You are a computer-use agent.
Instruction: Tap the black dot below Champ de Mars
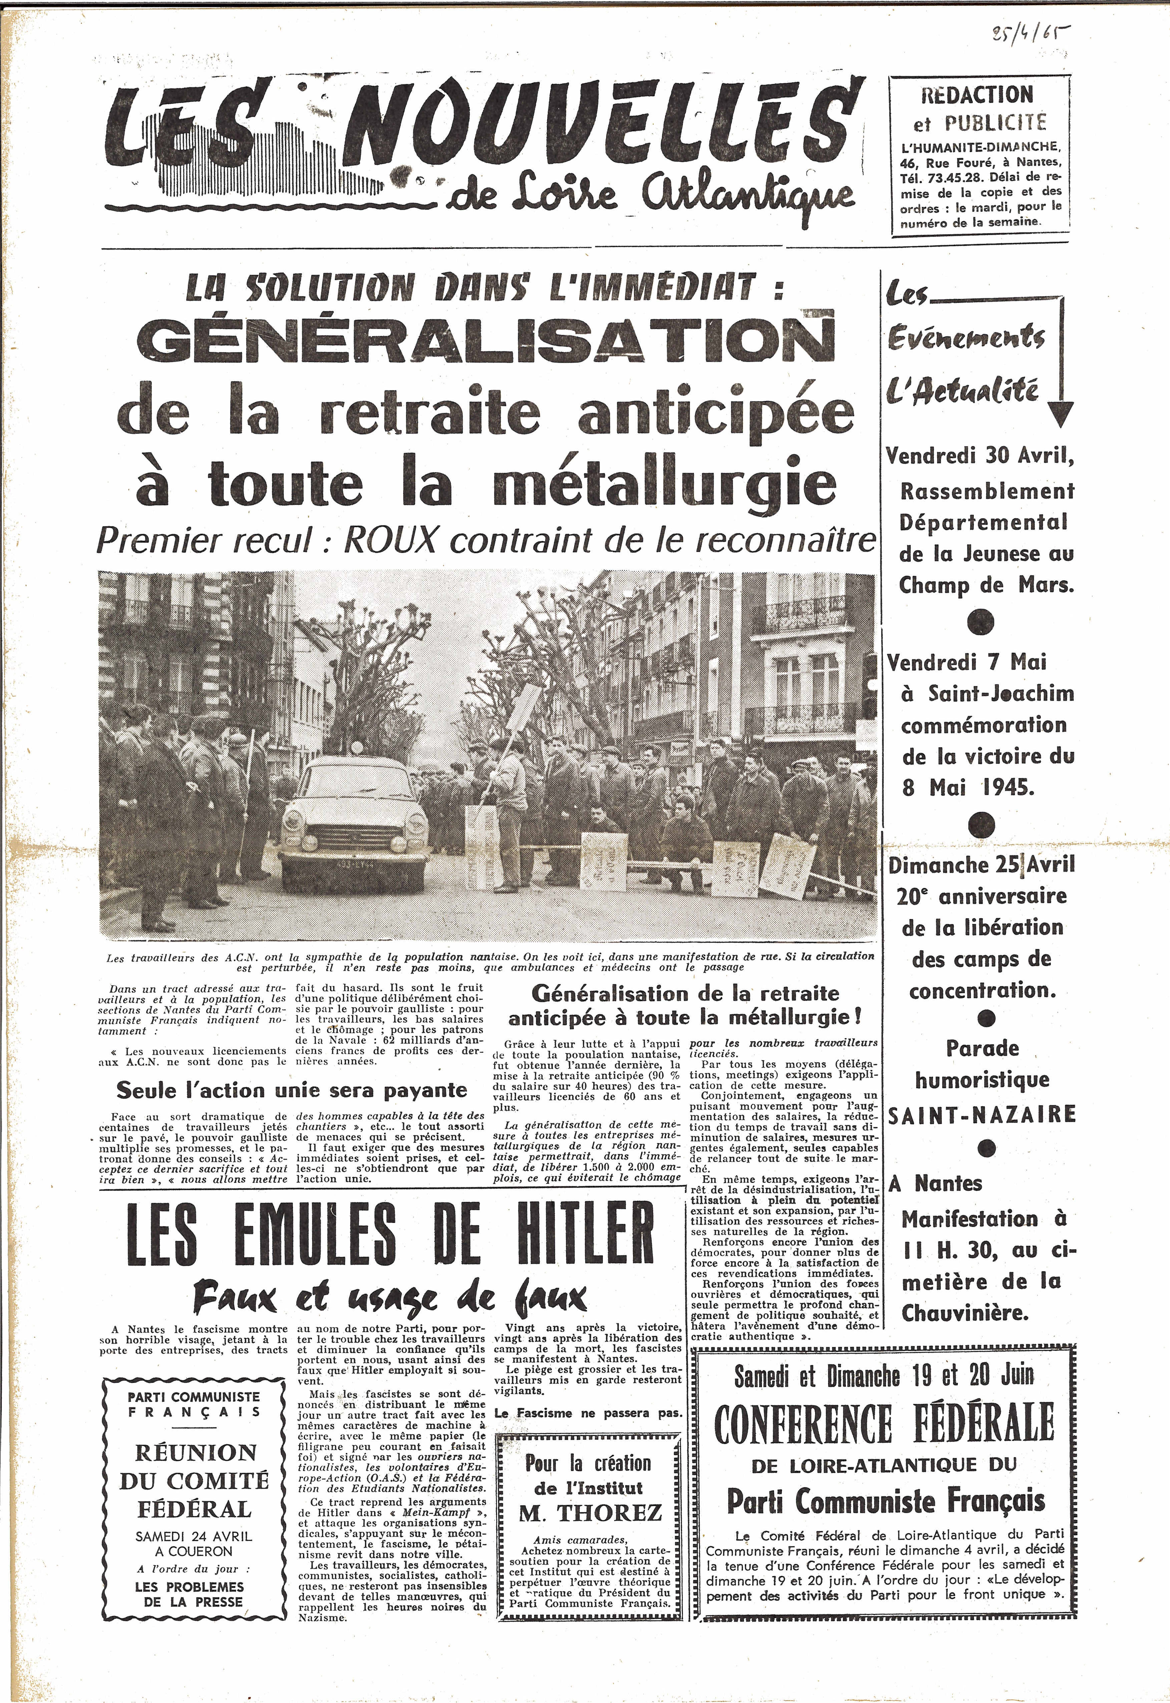[981, 623]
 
